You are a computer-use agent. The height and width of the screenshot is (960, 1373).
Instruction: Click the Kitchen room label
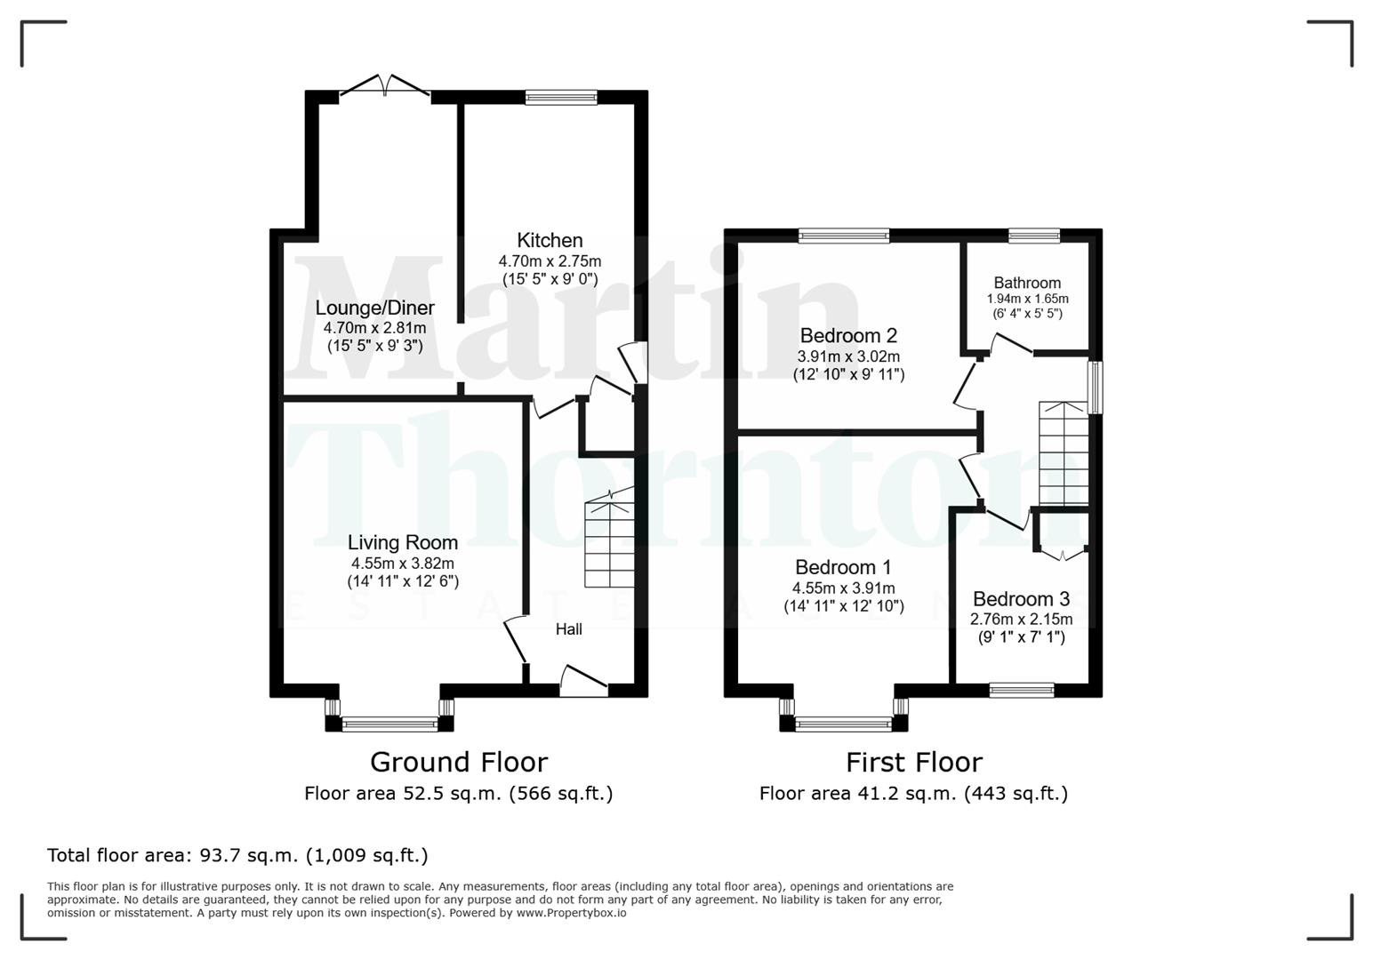point(550,240)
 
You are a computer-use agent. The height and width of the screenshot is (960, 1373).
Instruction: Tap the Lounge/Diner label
point(374,308)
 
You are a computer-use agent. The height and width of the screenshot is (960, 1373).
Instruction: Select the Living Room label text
point(402,542)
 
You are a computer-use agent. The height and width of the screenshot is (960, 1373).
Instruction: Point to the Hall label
point(568,629)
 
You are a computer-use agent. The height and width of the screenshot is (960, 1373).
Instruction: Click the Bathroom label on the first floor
point(1027,283)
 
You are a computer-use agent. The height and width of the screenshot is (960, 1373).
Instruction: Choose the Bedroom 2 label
point(848,335)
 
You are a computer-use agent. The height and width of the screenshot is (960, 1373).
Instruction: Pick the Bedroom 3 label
point(1021,599)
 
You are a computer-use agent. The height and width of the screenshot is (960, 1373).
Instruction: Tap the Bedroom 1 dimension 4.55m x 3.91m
point(843,588)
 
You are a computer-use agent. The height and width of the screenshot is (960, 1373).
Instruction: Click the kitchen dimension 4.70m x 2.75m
point(550,261)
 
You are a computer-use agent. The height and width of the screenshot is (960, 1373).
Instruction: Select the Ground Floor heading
point(458,762)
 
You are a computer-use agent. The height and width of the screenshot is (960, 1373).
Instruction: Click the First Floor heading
point(913,762)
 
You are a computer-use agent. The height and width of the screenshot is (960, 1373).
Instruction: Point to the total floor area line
point(237,855)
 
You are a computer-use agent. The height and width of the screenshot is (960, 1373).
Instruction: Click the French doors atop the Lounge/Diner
point(386,87)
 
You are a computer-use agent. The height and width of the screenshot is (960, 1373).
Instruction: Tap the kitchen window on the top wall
point(561,98)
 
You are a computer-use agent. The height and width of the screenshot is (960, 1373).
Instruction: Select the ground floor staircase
point(610,544)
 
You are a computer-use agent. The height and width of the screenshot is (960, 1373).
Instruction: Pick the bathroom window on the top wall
point(1033,236)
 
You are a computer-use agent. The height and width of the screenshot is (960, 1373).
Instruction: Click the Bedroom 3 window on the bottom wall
point(1022,690)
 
